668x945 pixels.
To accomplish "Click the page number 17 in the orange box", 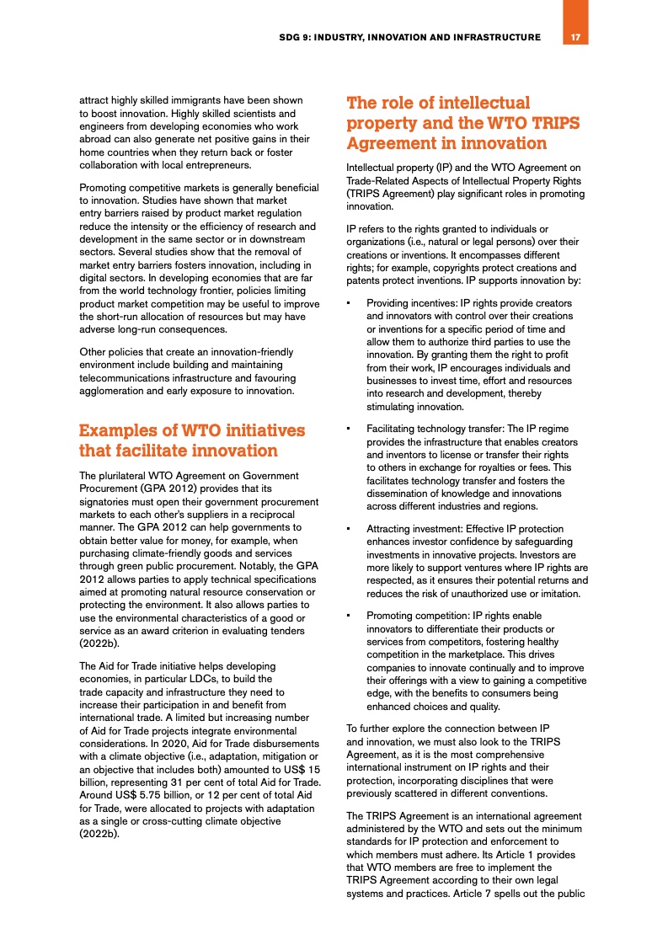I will (575, 37).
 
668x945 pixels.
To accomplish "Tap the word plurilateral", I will (126, 475).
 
